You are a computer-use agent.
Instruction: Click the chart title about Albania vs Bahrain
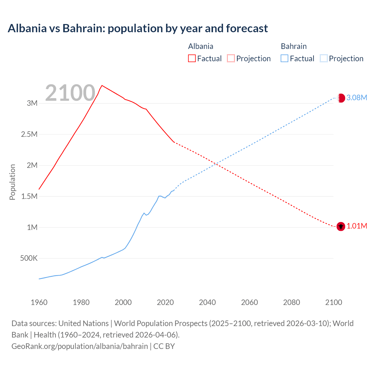138,28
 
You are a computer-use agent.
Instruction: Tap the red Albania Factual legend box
192,58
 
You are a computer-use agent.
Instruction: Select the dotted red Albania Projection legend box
231,58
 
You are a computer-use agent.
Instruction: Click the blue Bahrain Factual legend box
284,58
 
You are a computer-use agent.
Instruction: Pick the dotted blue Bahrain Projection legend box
324,58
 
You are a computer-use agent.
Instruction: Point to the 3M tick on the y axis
32,103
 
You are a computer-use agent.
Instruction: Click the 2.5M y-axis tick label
29,134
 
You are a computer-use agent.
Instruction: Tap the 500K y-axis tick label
29,258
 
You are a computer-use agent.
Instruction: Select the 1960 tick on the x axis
39,302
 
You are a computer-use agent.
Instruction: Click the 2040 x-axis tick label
207,302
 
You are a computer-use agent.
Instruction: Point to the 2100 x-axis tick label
334,302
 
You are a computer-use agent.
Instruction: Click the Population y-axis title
12,182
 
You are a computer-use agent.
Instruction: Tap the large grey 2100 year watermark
70,93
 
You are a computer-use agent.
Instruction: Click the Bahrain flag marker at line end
341,98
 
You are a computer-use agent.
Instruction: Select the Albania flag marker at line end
340,226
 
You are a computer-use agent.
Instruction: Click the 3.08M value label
357,98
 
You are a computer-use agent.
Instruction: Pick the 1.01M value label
357,226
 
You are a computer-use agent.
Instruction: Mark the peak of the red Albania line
102,86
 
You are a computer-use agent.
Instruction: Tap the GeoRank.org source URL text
80,346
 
